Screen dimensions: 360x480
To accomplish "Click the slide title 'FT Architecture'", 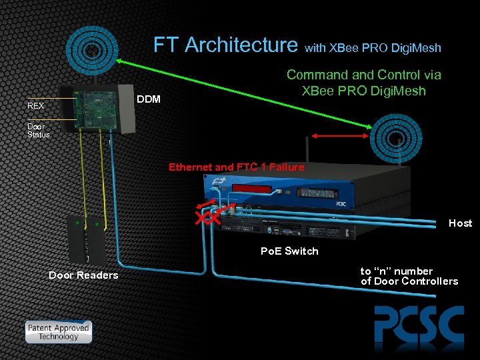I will pos(225,45).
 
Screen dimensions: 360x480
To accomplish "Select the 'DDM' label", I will pos(148,99).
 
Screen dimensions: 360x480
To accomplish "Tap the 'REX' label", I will pos(35,106).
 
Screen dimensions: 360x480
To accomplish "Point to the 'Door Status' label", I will pos(38,130).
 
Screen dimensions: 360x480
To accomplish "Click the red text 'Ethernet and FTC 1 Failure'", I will pos(236,167).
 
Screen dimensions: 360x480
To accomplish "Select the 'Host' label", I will pos(460,223).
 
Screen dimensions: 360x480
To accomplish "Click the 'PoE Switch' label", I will pos(289,251).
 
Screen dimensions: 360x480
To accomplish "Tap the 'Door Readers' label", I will pos(83,275).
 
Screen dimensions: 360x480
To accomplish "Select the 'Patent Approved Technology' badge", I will pos(58,331).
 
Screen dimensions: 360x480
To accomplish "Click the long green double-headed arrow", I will pos(247,92).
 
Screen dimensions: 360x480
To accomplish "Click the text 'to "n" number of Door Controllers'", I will pos(409,276).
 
